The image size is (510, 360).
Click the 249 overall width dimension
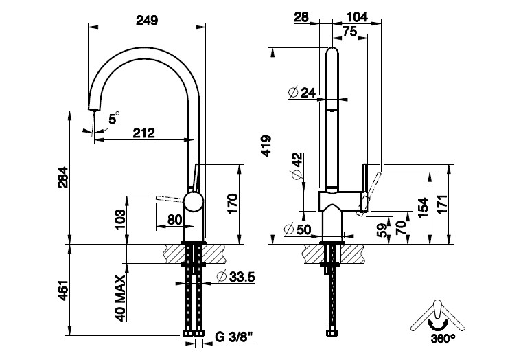pos(147,20)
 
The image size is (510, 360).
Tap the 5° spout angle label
pos(113,120)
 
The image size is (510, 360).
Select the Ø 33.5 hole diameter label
pos(235,277)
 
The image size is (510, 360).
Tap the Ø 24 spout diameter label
pos(303,92)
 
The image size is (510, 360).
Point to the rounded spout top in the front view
pos(332,52)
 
